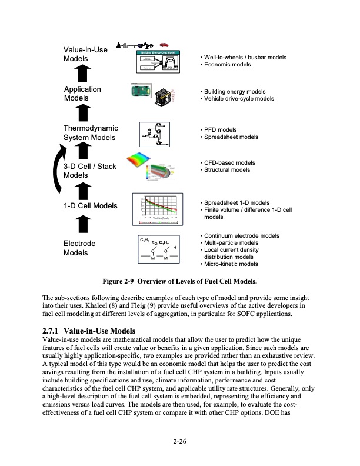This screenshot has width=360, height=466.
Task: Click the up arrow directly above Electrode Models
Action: [83, 225]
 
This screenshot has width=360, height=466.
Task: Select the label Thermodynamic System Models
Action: [91, 133]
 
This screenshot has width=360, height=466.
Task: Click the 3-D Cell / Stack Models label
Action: [89, 171]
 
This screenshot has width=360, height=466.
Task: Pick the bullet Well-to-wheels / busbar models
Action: [244, 58]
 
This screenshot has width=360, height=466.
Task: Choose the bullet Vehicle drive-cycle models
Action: [238, 99]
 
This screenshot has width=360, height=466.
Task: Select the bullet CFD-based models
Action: [228, 162]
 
